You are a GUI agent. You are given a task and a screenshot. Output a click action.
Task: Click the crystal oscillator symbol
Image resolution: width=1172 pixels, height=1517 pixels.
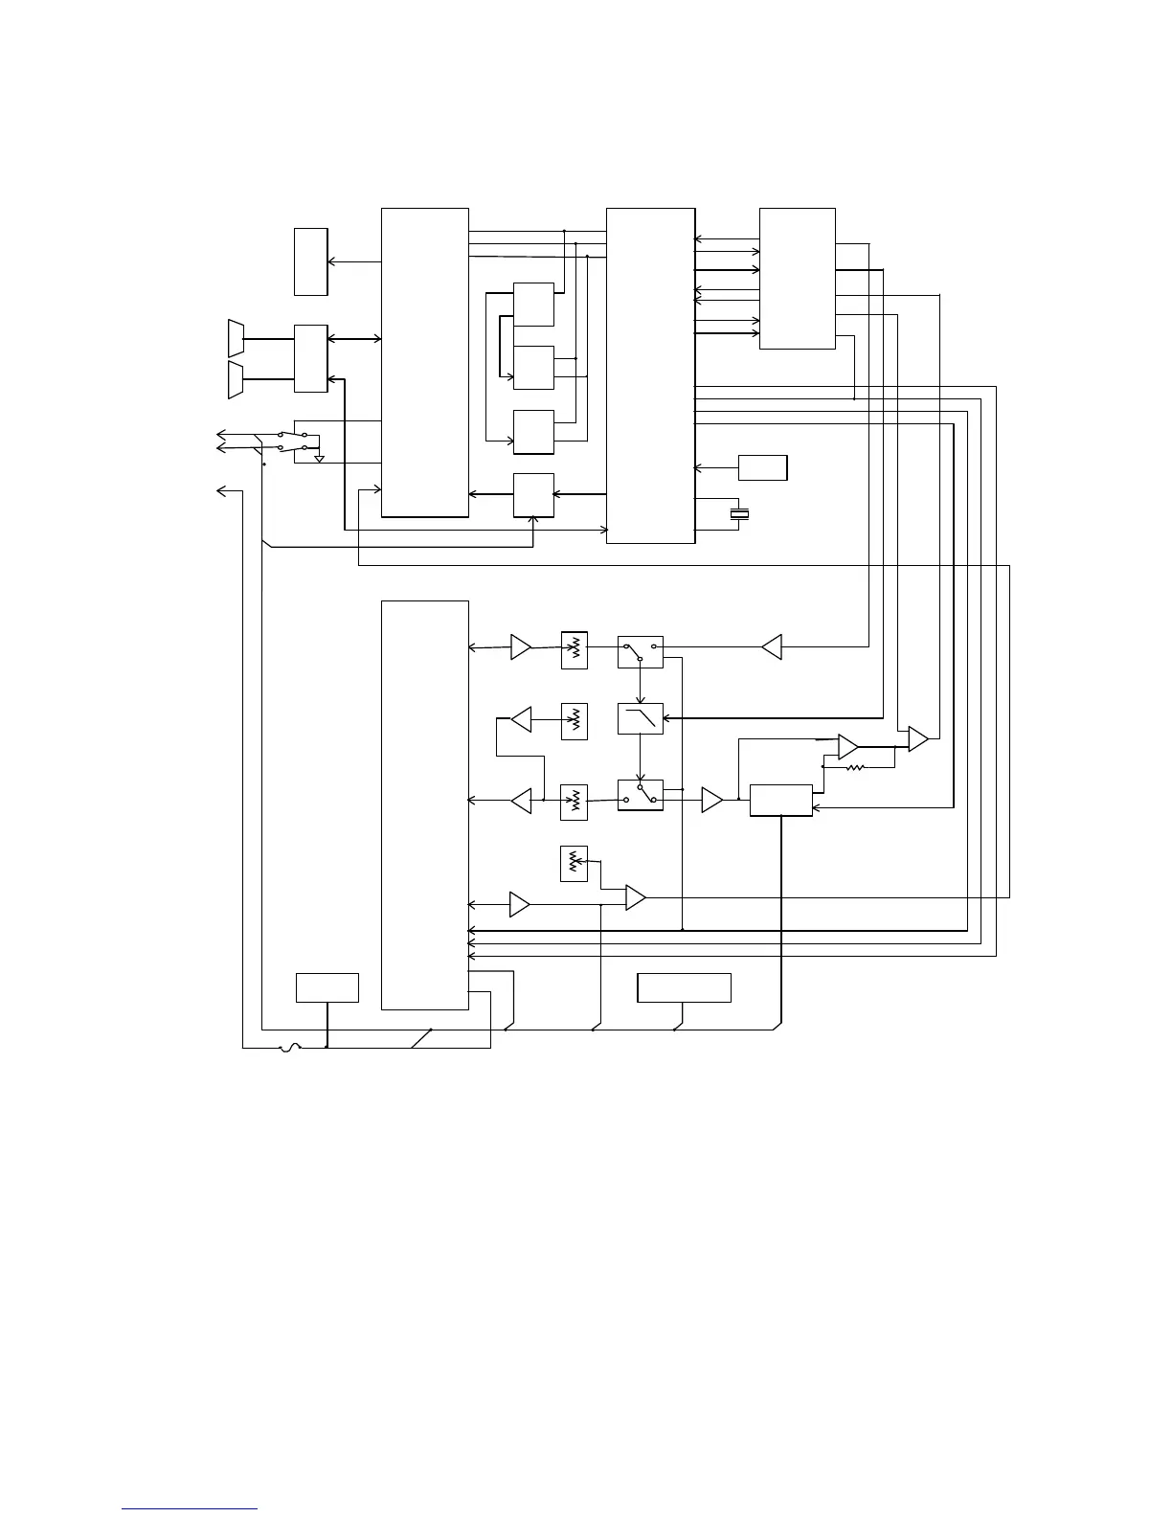click(738, 515)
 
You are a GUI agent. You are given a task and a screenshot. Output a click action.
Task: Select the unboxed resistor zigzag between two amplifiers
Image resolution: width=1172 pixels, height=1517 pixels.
click(855, 767)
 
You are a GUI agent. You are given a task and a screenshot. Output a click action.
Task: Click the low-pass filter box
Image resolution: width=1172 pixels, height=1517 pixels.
click(641, 718)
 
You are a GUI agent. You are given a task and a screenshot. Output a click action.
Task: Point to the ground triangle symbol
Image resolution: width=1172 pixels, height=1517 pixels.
click(320, 459)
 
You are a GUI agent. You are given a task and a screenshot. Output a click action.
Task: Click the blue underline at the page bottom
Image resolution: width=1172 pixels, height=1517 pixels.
click(190, 1508)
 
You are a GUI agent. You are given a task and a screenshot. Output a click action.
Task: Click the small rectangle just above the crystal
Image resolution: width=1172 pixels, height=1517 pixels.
click(763, 467)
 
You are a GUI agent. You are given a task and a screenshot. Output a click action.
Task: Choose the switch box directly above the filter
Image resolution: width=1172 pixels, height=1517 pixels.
click(641, 651)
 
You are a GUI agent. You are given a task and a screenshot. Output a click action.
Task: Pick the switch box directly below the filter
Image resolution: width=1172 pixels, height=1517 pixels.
click(641, 795)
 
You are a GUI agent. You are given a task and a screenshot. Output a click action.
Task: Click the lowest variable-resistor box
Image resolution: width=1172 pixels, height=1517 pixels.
click(574, 864)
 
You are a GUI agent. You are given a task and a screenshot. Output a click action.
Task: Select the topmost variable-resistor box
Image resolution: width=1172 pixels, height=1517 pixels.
click(575, 650)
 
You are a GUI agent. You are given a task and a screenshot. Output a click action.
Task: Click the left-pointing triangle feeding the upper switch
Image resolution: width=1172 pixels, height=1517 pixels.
click(772, 647)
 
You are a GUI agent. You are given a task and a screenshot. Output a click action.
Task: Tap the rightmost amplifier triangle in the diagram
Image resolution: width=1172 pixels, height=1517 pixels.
click(918, 739)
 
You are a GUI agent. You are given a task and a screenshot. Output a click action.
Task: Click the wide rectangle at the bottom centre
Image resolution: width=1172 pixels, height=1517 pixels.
click(684, 987)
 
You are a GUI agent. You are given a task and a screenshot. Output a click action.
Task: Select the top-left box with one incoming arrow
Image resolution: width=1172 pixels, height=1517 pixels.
click(311, 261)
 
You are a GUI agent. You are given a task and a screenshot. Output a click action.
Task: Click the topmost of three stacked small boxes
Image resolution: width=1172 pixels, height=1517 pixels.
click(533, 304)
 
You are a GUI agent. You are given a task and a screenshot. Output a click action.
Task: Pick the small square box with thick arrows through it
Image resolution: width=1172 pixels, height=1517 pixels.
click(533, 495)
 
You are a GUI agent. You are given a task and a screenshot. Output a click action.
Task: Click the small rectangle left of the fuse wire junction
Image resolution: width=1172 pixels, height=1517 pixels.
click(327, 987)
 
